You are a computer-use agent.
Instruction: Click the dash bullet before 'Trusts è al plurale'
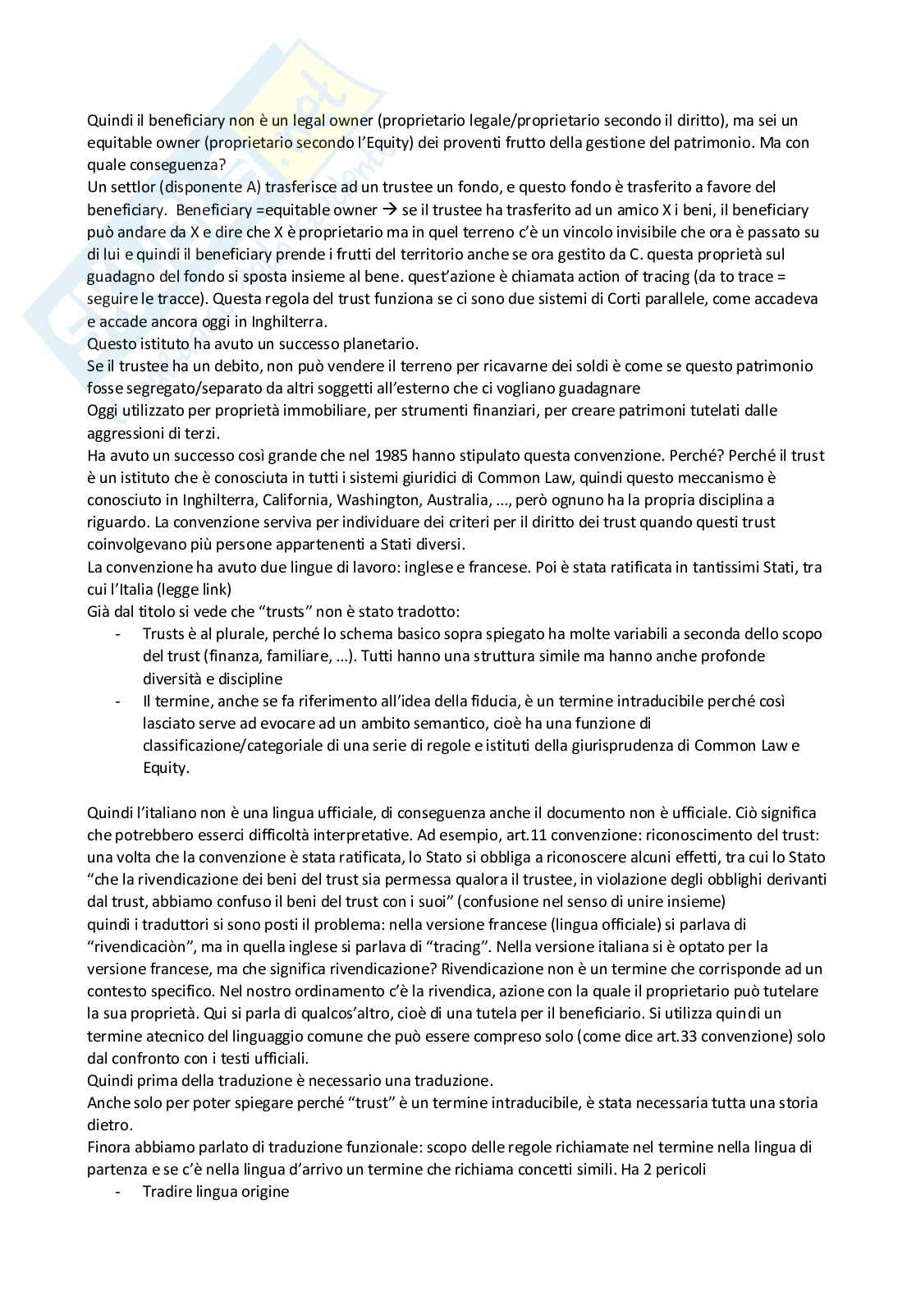click(121, 634)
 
